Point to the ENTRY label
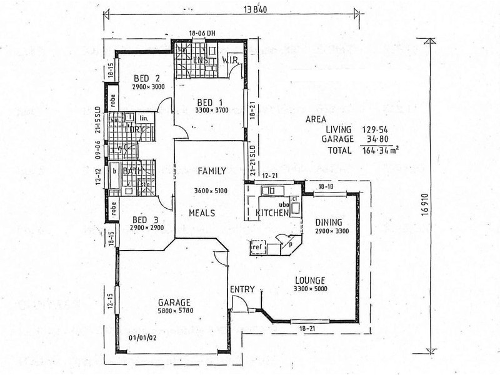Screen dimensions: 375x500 tap(241, 289)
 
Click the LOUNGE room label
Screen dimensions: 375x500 tap(311, 279)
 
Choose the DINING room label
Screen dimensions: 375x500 tap(327, 221)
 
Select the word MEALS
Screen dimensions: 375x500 tap(202, 213)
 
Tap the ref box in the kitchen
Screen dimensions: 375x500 tap(257, 247)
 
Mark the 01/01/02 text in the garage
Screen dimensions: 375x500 tap(141, 338)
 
